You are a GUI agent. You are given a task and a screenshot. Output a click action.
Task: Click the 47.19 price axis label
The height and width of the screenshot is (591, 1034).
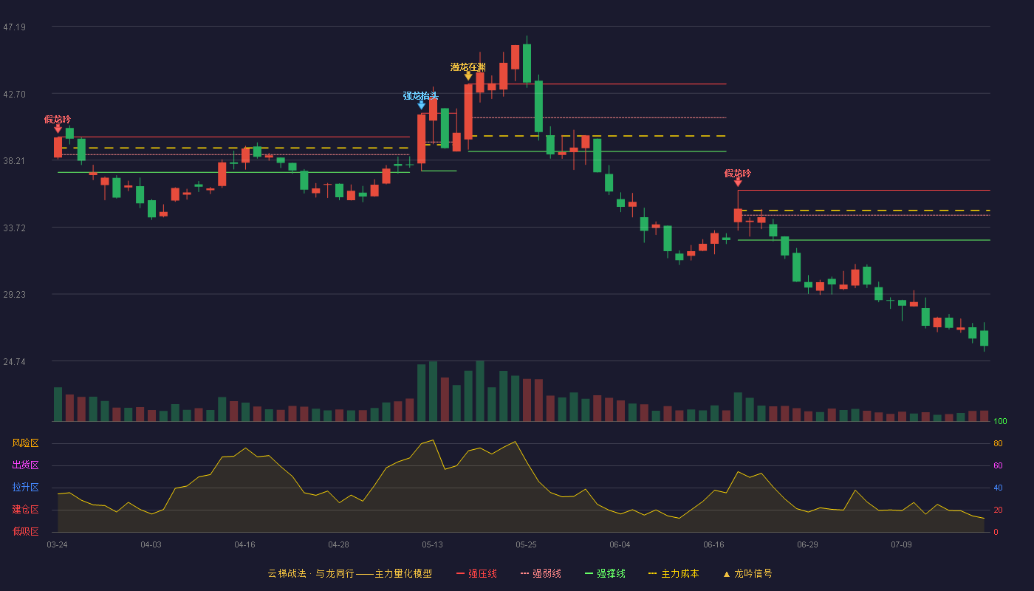(x=14, y=27)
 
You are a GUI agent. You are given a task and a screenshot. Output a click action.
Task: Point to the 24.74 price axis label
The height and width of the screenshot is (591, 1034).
(x=14, y=361)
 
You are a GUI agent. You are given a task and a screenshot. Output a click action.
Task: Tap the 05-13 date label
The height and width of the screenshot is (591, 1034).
(x=432, y=545)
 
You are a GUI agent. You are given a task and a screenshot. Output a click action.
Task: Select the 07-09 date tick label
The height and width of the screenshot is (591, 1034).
(x=901, y=545)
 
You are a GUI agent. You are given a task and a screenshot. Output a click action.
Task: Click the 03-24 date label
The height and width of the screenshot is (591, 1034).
(x=58, y=545)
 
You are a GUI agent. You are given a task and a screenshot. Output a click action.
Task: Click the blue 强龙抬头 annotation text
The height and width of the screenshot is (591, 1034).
(x=420, y=95)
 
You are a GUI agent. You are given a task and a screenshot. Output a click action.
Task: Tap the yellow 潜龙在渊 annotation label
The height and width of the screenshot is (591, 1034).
(x=468, y=67)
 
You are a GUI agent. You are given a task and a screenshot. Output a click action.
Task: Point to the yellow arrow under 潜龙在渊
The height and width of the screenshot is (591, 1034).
(x=468, y=76)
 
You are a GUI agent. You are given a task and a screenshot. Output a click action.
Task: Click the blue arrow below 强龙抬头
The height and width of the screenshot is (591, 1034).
(x=422, y=105)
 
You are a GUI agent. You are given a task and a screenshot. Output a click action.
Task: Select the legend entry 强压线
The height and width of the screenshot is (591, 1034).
(x=477, y=573)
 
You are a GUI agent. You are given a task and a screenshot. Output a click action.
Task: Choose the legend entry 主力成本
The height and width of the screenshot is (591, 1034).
(x=674, y=573)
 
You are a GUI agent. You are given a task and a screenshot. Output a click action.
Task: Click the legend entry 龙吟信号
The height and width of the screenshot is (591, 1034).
(x=747, y=573)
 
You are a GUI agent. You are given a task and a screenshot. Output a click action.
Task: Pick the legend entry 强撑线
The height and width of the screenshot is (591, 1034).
(x=605, y=573)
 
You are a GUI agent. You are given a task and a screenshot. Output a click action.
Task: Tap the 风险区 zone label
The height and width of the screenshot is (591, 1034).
(x=25, y=443)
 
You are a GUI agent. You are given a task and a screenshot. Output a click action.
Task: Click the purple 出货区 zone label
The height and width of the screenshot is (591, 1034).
(x=25, y=465)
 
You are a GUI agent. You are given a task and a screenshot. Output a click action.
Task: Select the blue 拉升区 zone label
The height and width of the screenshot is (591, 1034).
(x=25, y=487)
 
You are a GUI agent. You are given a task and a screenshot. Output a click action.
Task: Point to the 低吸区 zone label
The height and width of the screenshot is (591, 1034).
(x=25, y=531)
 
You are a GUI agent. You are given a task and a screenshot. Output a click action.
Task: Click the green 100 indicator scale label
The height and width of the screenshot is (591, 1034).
(x=1000, y=421)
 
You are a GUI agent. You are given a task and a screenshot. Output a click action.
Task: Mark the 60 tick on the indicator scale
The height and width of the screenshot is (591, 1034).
(x=998, y=465)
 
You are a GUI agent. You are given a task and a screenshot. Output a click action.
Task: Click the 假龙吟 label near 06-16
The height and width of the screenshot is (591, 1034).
(x=738, y=174)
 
